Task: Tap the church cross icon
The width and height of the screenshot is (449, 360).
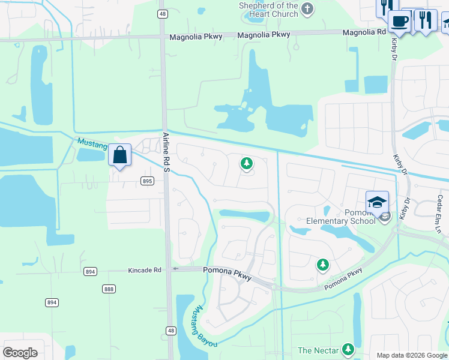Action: click(307, 8)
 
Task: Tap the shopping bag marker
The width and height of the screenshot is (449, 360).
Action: click(120, 155)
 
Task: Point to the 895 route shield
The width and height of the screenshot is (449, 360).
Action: click(148, 181)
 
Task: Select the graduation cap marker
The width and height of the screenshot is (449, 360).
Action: click(377, 202)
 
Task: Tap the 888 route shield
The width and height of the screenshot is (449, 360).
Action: click(109, 289)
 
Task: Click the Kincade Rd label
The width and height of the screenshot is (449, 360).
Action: click(145, 271)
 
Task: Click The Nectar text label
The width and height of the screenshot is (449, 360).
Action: click(318, 350)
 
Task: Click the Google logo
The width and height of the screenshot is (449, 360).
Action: click(20, 353)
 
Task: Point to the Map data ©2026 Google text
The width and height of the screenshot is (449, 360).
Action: click(412, 355)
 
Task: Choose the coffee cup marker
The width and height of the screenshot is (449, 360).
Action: click(399, 22)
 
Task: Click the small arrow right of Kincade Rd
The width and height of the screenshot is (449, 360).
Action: click(175, 269)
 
